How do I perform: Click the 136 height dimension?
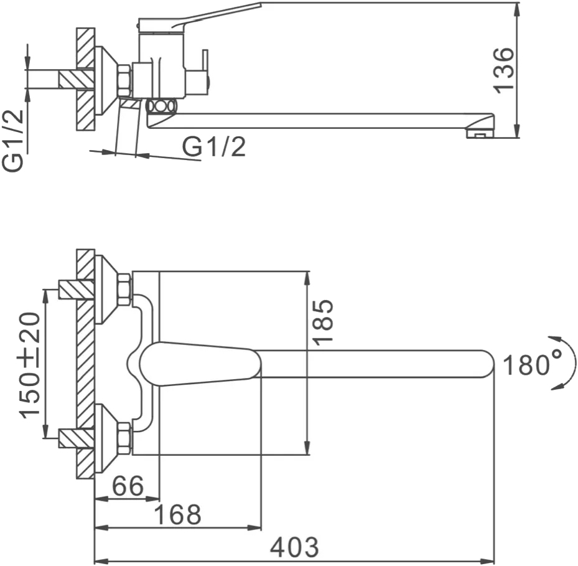[x=503, y=70]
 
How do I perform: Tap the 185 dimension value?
[x=322, y=322]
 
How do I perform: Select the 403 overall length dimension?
[x=294, y=547]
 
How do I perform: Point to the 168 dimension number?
[x=178, y=514]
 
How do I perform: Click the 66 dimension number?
[x=128, y=486]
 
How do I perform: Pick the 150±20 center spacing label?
[x=30, y=366]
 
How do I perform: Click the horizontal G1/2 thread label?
[x=214, y=146]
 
